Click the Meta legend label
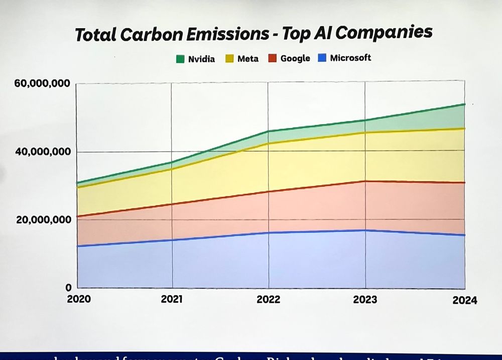248,59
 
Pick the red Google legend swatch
272,58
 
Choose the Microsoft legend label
350,58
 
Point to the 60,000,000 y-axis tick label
42,83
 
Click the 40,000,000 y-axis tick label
42,152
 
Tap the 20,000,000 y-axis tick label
42,220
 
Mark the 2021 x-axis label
172,300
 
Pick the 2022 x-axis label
269,300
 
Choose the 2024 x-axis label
464,301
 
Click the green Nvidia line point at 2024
464,104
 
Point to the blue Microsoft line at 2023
365,230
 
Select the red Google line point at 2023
365,181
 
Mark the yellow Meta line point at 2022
268,144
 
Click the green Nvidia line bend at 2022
268,132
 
